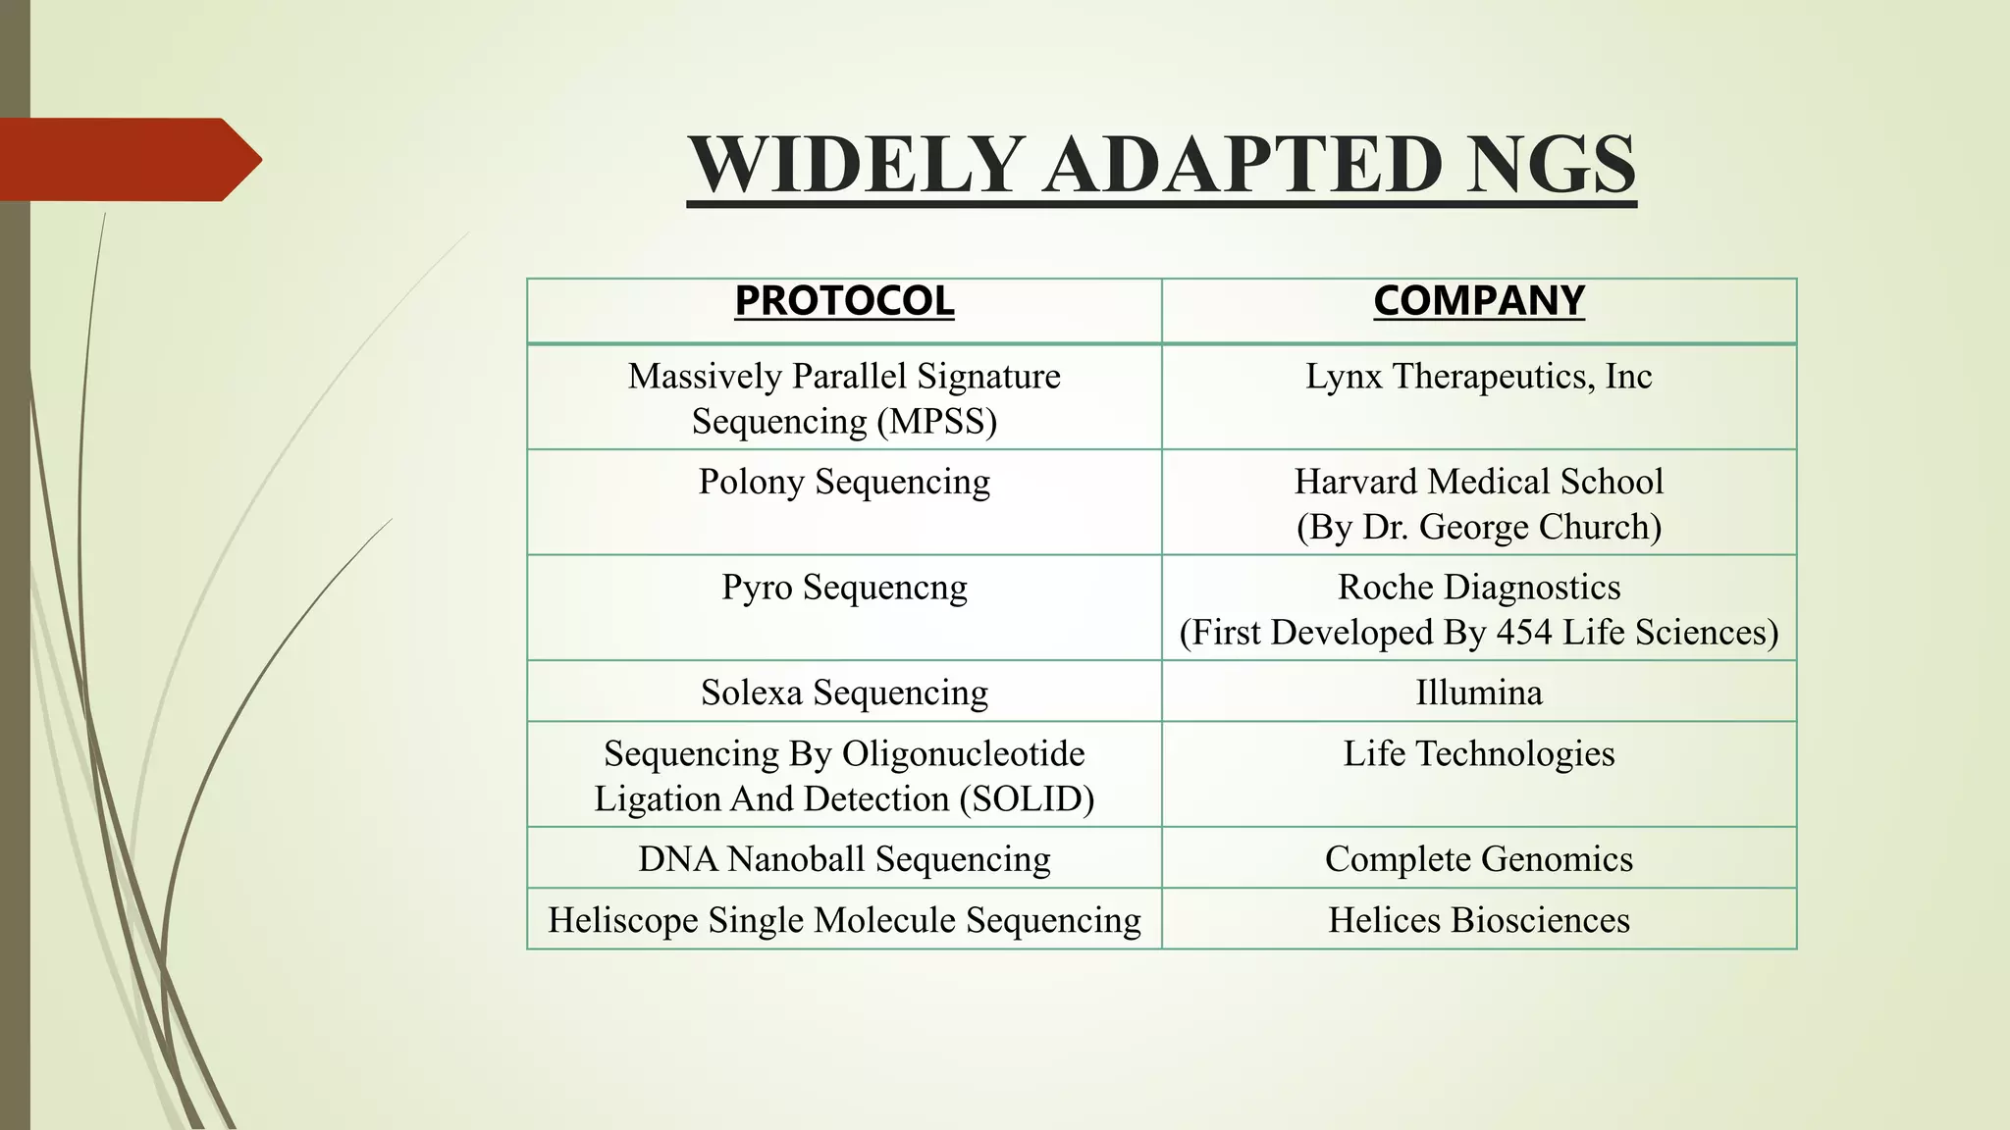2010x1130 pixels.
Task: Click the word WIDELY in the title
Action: point(855,165)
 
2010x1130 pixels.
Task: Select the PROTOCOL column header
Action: point(844,301)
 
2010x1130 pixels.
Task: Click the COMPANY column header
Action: point(1479,301)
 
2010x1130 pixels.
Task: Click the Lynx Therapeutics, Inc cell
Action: point(1478,377)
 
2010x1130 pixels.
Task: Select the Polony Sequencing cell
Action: point(844,483)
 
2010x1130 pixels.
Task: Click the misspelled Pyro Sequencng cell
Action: point(844,588)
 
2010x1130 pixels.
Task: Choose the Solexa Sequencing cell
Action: point(844,693)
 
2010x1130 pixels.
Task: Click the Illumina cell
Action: point(1478,693)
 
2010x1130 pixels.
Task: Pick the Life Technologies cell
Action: point(1478,754)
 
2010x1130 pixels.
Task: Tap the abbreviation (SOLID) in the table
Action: point(1027,799)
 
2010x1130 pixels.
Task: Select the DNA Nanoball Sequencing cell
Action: point(844,859)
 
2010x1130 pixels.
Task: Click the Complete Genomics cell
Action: point(1478,859)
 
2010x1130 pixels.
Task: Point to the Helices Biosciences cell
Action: point(1478,920)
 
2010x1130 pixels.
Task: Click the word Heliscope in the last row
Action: point(622,920)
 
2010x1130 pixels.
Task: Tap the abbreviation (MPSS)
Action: point(936,422)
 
